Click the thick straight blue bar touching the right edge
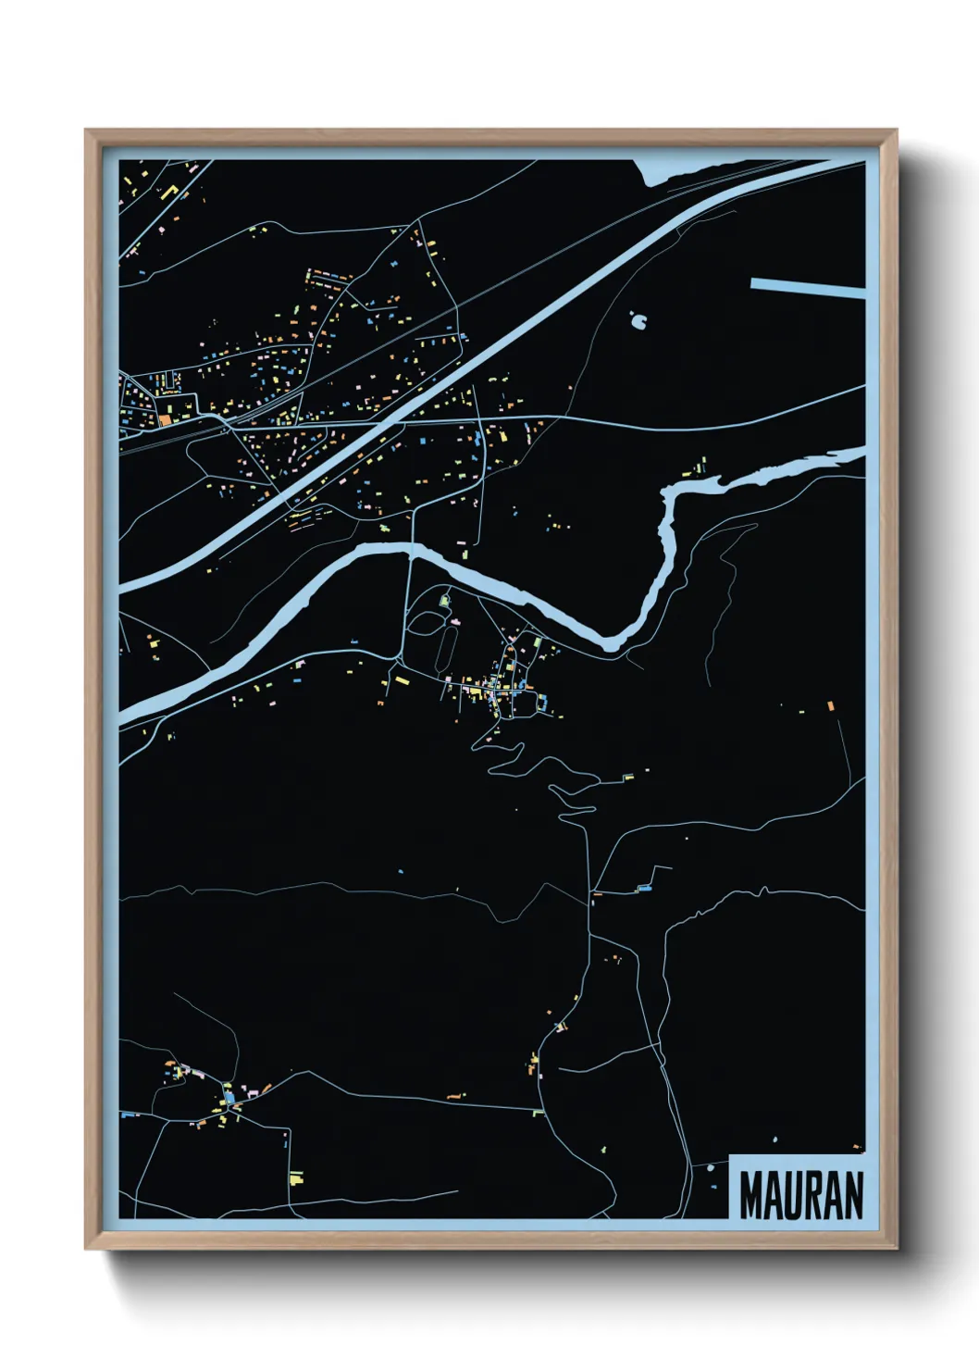coord(807,287)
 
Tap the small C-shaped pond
coord(638,321)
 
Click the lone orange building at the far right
coord(830,706)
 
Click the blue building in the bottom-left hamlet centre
coord(229,1098)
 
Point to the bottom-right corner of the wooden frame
coord(896,1248)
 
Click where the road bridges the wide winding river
coord(411,551)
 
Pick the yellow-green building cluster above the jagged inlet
coord(700,465)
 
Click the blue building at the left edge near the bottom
coord(123,1115)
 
